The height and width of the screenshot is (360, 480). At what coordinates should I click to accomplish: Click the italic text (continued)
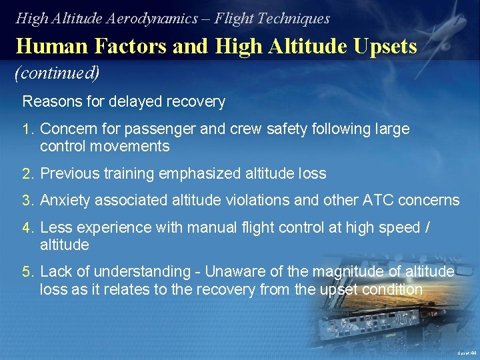[57, 73]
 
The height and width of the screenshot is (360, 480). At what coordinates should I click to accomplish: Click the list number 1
[27, 129]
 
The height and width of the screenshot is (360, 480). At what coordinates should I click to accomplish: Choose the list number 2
[27, 174]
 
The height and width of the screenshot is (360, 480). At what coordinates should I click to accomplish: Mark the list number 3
[27, 200]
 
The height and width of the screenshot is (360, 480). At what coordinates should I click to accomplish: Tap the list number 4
[27, 227]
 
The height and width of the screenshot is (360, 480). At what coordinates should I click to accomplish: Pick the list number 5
[27, 272]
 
